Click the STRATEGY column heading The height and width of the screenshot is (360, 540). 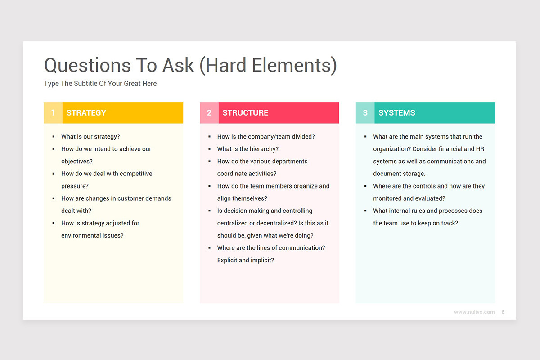(86, 113)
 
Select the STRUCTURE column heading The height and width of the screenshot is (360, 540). (245, 113)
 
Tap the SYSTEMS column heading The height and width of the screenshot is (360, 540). (397, 113)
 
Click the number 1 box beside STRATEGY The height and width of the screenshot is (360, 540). (53, 113)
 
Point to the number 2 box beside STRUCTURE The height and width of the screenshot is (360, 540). (209, 113)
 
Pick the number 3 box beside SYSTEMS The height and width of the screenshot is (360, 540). (365, 113)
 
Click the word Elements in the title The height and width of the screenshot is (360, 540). (294, 65)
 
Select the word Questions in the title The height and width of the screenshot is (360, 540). (87, 66)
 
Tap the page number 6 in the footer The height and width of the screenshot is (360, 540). (503, 312)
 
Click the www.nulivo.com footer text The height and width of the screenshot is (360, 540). (474, 312)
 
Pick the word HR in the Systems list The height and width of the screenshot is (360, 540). (480, 149)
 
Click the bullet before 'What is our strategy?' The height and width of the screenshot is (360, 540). (54, 137)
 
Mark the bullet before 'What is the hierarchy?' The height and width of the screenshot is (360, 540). (210, 149)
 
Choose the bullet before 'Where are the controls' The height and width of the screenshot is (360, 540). (365, 186)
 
